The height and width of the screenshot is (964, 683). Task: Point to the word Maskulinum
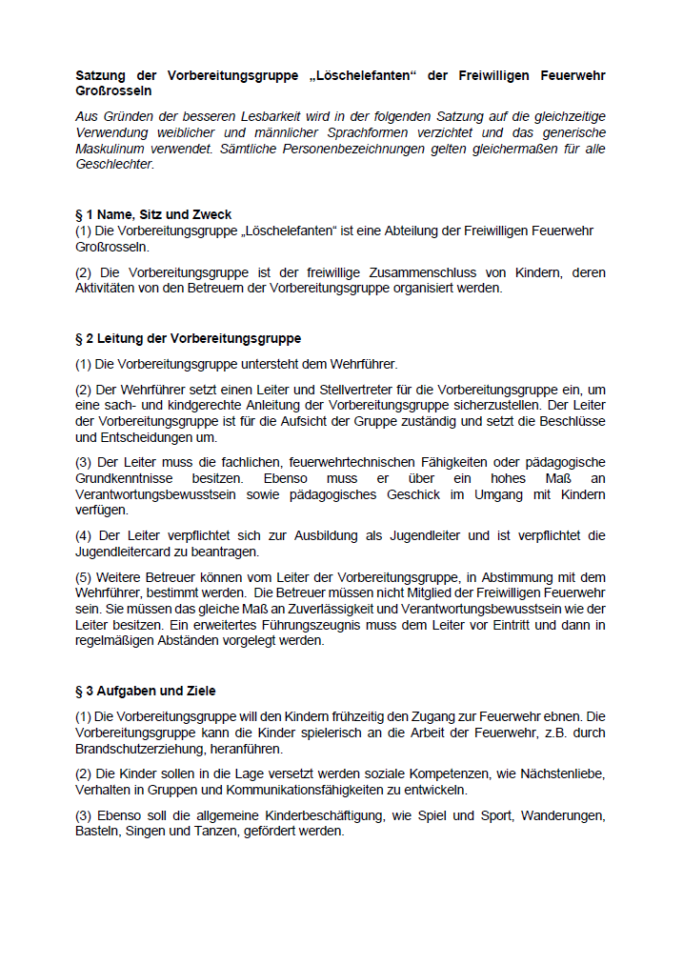[x=111, y=148]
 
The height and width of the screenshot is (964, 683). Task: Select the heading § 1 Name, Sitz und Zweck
[x=153, y=214]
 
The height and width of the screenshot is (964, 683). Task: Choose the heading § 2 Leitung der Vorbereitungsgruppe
[x=188, y=338]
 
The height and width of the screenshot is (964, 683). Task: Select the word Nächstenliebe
[x=561, y=773]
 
